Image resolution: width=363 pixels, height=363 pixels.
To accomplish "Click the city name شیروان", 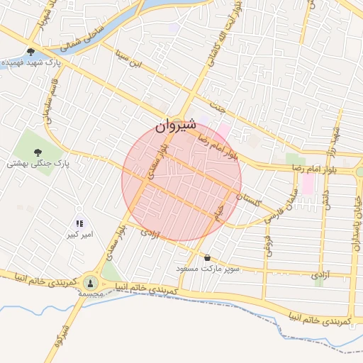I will point(175,128).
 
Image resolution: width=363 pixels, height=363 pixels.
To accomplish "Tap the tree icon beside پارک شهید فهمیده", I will point(31,51).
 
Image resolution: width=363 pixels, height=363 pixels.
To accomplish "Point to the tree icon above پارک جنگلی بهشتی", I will point(38,151).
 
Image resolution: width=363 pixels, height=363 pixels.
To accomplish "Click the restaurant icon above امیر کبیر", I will point(79,223).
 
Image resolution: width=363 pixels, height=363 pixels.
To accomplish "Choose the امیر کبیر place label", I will point(80,233).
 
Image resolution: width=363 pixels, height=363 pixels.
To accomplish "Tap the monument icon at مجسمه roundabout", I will point(90,282).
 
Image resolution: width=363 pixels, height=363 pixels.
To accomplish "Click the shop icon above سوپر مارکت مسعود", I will point(207,258).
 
